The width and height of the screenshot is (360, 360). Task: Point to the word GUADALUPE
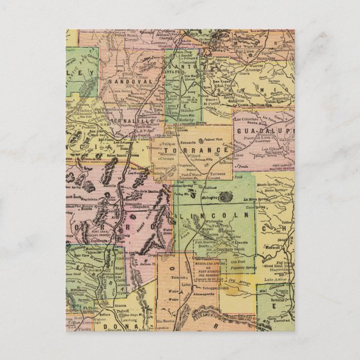click(x=265, y=131)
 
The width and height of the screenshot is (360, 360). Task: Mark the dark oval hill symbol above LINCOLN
click(x=227, y=196)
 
